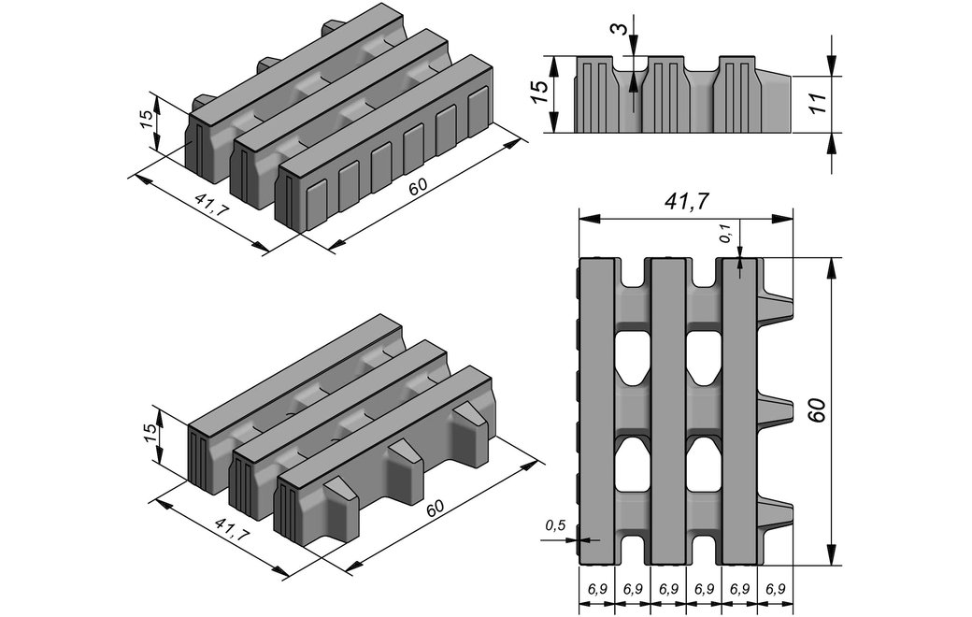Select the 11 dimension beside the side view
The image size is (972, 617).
(x=820, y=103)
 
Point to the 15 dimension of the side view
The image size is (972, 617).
(x=538, y=93)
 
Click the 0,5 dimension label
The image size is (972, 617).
(x=555, y=526)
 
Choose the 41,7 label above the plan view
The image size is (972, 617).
(x=684, y=203)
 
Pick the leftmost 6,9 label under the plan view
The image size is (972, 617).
(x=598, y=589)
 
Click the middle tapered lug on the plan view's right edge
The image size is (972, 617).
(x=775, y=410)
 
